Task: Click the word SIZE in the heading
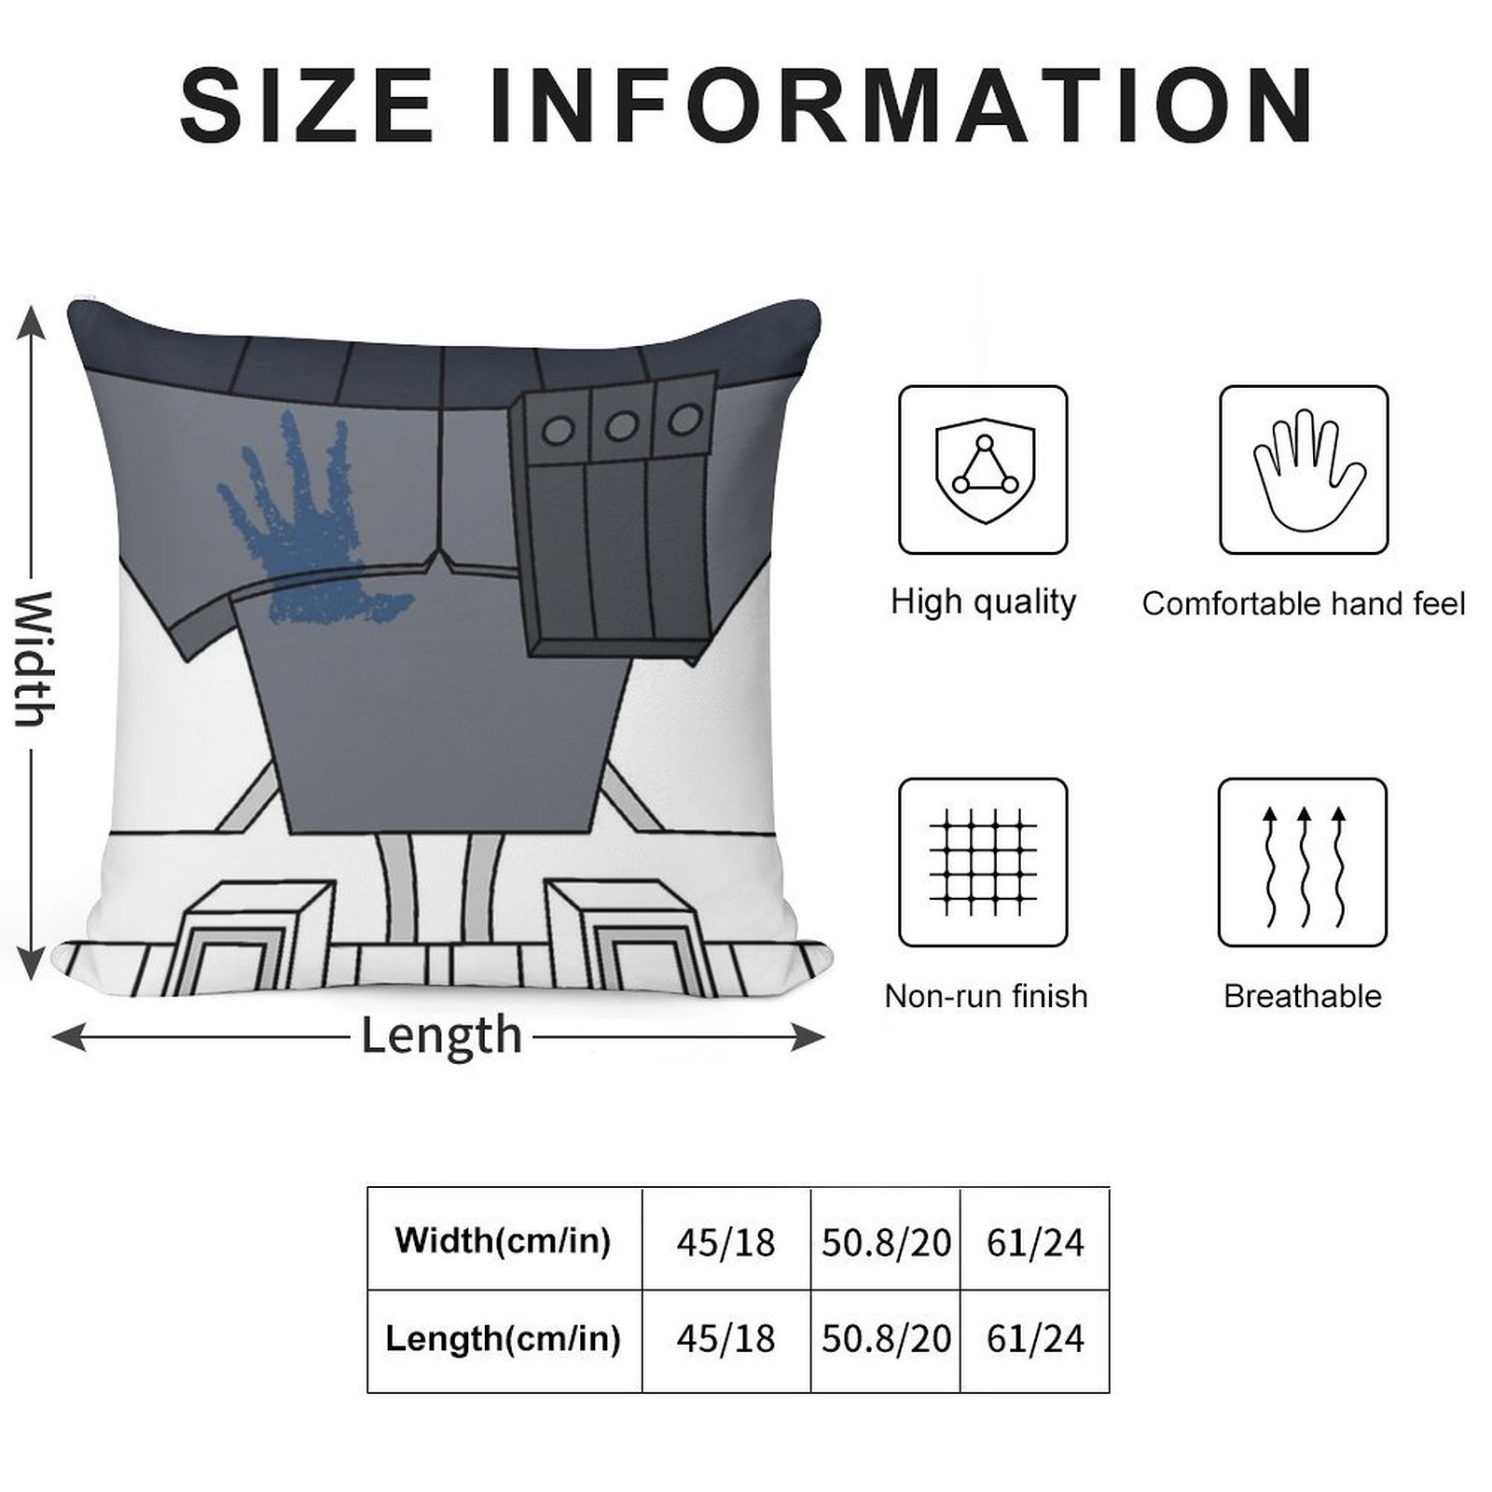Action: coord(308,105)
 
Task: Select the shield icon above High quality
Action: coord(984,470)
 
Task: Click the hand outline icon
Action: coord(1304,470)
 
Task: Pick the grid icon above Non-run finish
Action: coord(984,863)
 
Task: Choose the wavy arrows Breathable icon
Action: coord(1303,863)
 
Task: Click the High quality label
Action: coord(984,602)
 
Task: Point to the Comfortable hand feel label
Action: coord(1304,603)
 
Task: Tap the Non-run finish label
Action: coord(986,996)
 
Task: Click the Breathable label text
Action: coord(1303,996)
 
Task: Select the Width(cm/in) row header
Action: coord(504,1239)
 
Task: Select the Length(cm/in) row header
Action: coord(504,1338)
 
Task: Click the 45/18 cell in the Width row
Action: coord(725,1242)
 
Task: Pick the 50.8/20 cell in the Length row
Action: coord(886,1339)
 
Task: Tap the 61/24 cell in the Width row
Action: coord(1035,1242)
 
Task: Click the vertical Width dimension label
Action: coord(34,658)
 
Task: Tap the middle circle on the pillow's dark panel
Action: coord(620,427)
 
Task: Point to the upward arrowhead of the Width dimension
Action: coord(32,323)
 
